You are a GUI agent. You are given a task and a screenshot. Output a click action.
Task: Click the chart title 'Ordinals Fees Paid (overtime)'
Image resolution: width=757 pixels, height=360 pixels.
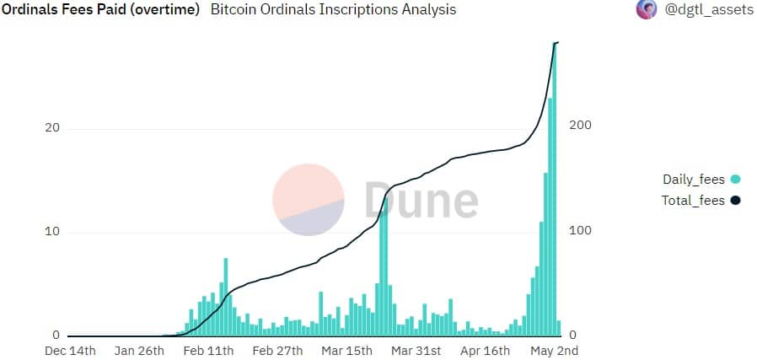[100, 10]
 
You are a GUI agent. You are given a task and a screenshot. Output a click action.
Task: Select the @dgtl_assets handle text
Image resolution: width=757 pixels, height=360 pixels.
[708, 10]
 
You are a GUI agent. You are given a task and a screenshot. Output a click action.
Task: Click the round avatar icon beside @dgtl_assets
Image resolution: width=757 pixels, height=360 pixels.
[647, 10]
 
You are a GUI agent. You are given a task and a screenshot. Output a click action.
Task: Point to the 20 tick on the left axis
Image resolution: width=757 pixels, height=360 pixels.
[51, 128]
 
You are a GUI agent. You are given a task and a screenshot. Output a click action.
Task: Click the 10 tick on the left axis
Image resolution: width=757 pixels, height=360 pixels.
[51, 232]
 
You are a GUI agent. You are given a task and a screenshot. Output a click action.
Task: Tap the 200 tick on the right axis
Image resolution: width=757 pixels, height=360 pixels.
[581, 125]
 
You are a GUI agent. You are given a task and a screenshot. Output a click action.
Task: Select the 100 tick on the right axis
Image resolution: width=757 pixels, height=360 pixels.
[581, 230]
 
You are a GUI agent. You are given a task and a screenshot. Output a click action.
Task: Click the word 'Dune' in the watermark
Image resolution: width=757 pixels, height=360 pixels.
[421, 201]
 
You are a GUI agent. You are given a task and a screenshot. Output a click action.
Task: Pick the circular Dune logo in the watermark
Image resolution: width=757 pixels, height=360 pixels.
[309, 201]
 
